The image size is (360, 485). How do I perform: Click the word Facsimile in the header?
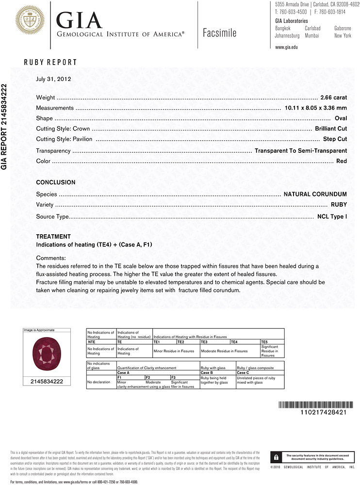220,33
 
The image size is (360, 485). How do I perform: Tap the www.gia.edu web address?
286,47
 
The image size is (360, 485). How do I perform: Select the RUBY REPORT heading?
50,63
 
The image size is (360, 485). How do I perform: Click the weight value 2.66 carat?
334,97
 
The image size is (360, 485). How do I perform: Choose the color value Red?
342,161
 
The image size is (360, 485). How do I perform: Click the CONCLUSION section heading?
56,182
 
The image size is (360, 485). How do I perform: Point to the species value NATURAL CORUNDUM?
315,194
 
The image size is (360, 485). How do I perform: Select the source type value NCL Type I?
332,216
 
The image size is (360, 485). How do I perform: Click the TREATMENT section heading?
53,237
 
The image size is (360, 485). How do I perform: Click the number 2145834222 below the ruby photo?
47,382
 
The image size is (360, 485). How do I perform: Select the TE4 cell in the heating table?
234,342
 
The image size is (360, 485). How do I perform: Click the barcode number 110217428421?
317,412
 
